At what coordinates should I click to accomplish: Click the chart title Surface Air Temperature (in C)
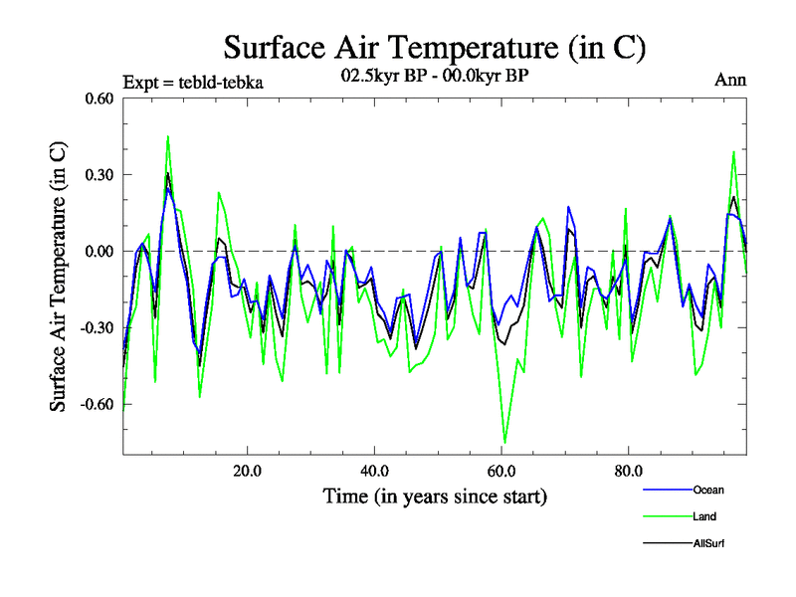[x=435, y=48]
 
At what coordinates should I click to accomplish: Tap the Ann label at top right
[x=730, y=81]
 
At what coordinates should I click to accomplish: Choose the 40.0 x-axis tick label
[x=374, y=472]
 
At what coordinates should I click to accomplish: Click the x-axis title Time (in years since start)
[x=435, y=496]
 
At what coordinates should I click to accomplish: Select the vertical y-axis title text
[x=60, y=278]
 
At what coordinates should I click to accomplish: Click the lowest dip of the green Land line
[x=505, y=442]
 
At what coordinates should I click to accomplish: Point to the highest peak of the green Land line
[x=168, y=136]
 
